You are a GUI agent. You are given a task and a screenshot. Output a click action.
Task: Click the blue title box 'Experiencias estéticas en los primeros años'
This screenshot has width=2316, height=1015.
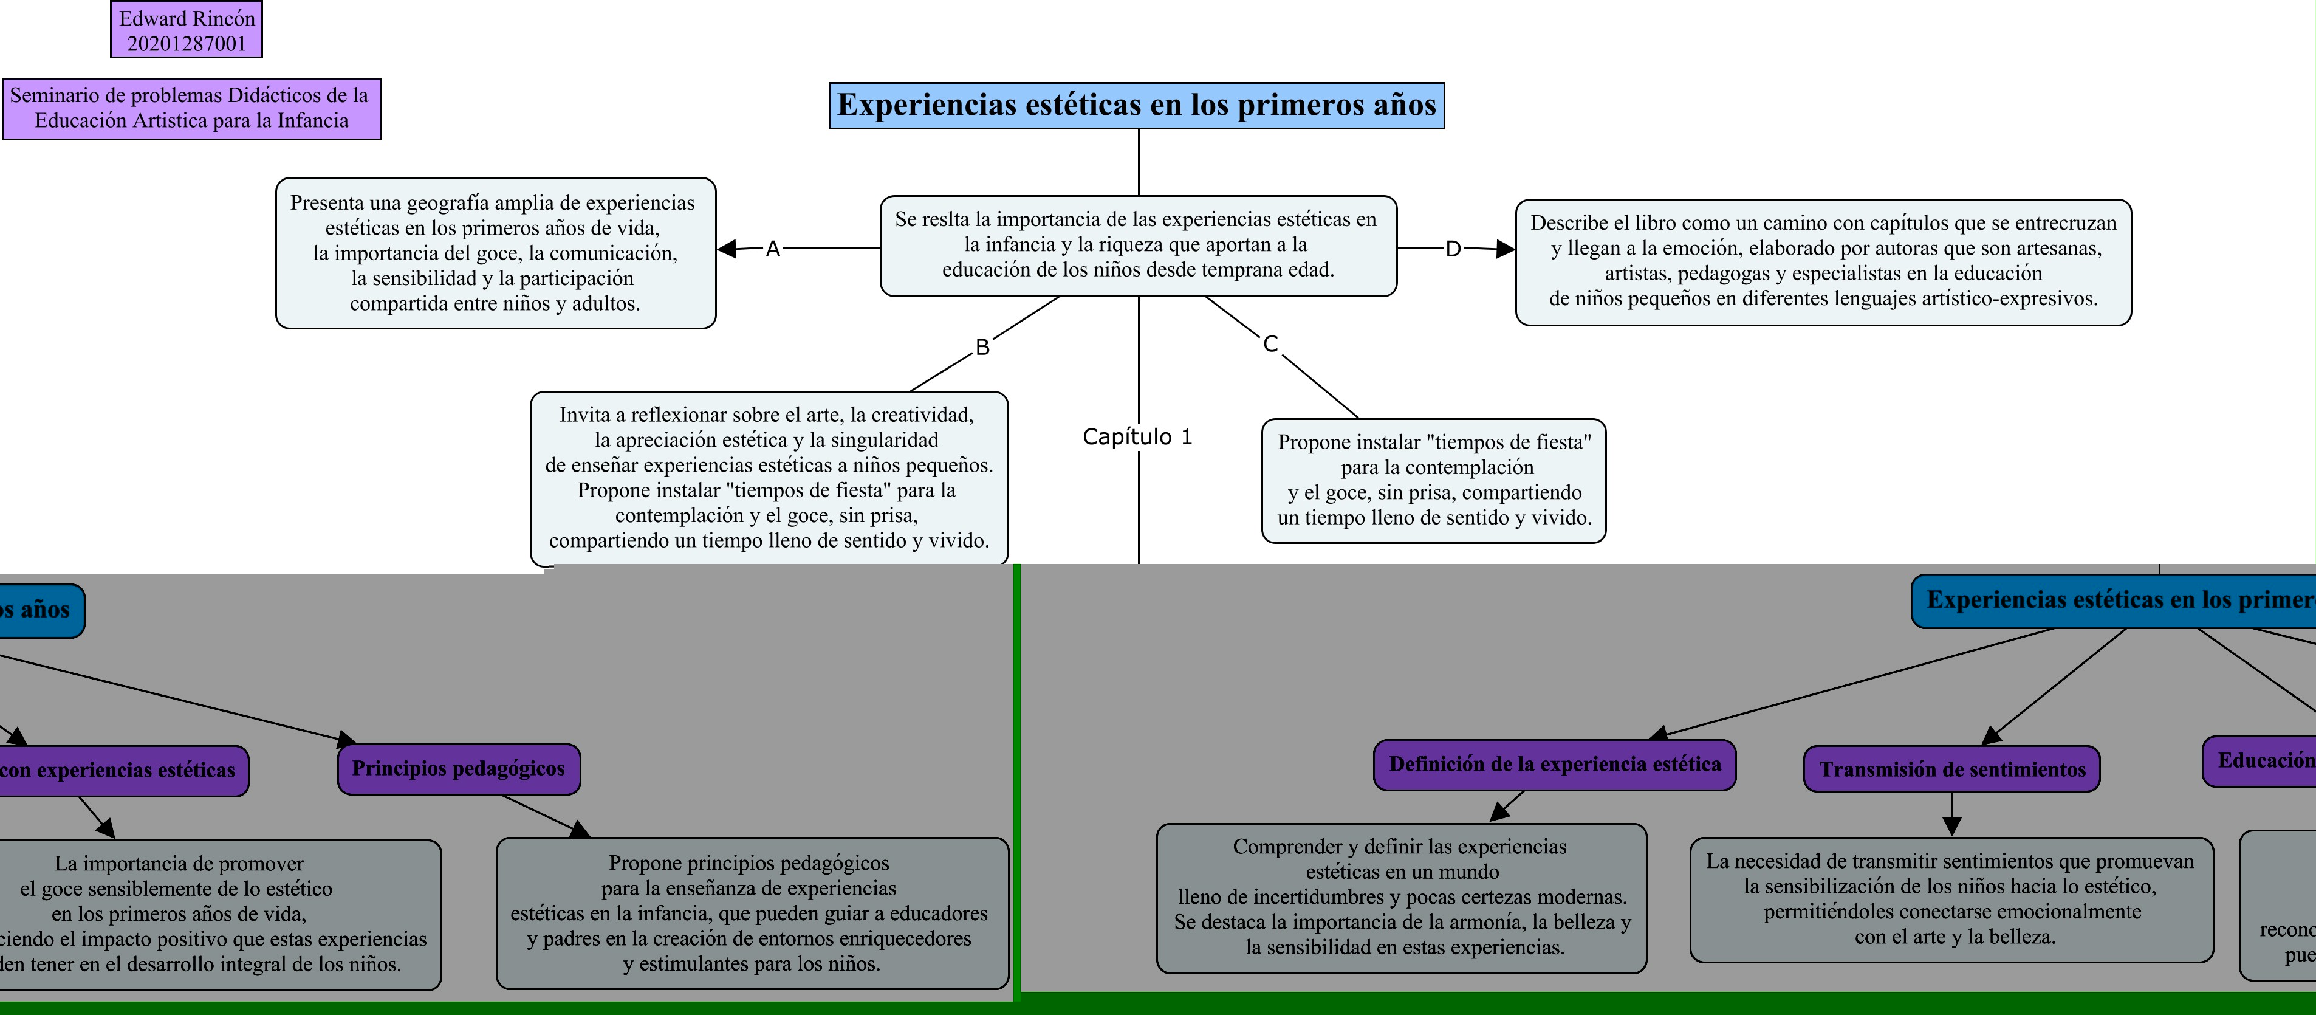(1136, 105)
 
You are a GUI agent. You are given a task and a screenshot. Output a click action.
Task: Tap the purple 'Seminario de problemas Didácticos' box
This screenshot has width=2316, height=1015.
(191, 108)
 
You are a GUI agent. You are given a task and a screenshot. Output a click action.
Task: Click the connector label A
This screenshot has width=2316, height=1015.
(772, 249)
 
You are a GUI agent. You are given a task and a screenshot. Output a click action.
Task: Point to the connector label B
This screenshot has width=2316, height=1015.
(982, 347)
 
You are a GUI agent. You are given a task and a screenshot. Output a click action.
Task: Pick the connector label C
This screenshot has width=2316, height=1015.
(1270, 343)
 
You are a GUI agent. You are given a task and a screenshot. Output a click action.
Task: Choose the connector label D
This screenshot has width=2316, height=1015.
(1453, 249)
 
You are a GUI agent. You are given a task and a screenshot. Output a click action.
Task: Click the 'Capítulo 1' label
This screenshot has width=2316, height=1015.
(1137, 437)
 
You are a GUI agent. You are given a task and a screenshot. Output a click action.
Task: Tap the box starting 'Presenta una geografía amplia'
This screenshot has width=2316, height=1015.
(495, 253)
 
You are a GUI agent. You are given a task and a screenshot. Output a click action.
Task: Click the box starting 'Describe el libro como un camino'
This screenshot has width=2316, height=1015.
(1823, 261)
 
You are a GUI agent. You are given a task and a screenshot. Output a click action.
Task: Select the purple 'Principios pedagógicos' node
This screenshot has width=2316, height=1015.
(459, 769)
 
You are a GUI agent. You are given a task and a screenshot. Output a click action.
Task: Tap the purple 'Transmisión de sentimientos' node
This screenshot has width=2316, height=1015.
(1951, 769)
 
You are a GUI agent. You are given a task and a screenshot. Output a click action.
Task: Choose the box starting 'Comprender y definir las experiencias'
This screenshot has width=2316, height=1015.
(1401, 897)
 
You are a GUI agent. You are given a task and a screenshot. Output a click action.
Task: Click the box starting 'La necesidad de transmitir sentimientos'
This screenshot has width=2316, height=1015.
(1950, 899)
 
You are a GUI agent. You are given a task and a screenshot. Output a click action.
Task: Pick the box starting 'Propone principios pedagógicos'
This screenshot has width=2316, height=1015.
(752, 913)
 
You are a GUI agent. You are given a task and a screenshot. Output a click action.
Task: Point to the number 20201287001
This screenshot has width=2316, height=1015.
(186, 43)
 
